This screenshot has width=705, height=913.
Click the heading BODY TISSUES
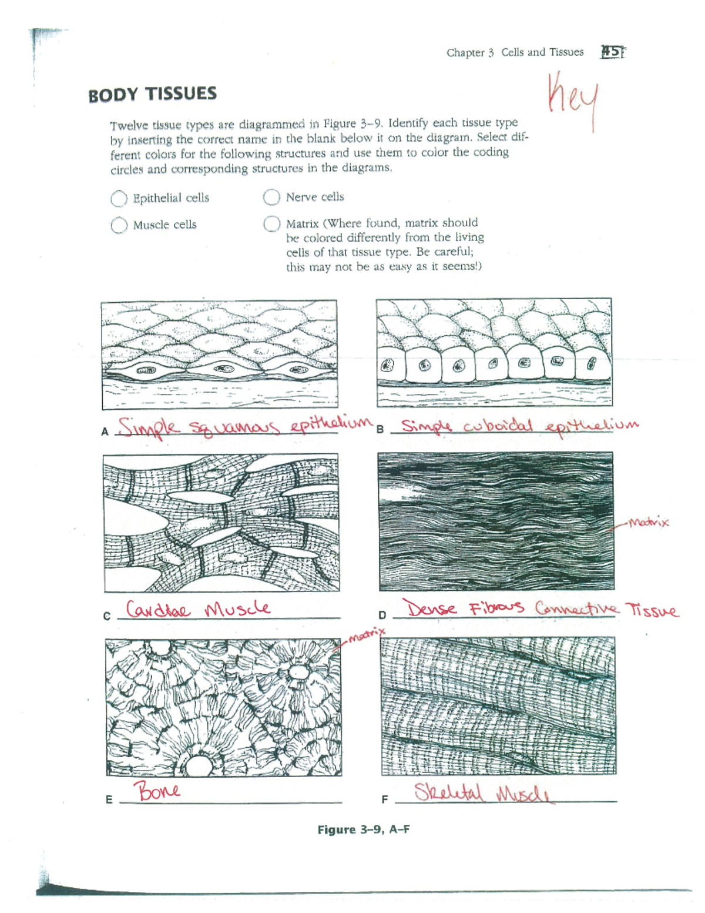click(152, 94)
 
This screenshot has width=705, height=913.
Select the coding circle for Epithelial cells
click(119, 199)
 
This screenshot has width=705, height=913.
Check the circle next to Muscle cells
click(119, 225)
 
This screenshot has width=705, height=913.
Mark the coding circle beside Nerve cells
click(271, 197)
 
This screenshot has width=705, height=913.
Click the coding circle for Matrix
click(271, 224)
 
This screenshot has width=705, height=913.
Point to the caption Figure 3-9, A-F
click(363, 830)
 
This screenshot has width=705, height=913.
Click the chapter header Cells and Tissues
click(542, 52)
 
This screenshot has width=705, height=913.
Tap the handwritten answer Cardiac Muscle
click(199, 608)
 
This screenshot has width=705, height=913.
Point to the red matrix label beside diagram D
click(648, 522)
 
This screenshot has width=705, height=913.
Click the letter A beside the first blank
click(105, 432)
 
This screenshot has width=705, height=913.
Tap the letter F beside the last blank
click(384, 800)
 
